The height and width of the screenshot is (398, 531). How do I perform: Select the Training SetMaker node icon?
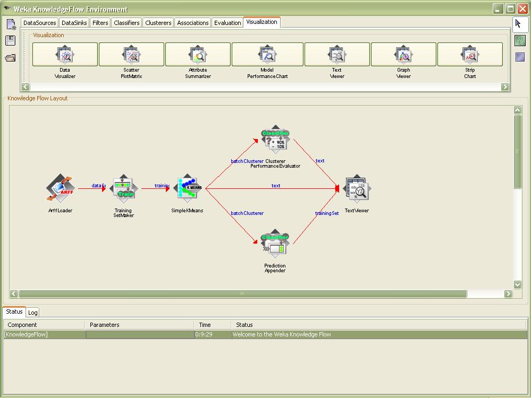tap(124, 188)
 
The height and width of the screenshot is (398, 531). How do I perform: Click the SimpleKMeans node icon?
tap(187, 188)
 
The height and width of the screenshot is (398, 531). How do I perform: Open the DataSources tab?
tap(40, 23)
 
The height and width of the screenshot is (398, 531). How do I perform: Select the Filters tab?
tap(100, 23)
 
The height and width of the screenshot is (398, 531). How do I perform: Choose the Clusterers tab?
tap(158, 23)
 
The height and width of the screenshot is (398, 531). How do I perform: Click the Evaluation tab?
tap(227, 23)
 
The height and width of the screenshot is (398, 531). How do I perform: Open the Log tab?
tap(33, 313)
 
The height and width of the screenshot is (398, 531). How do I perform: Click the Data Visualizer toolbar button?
tap(65, 55)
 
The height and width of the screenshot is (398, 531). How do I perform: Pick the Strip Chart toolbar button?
tap(470, 55)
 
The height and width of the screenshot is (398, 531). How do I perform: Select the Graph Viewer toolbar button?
tap(403, 55)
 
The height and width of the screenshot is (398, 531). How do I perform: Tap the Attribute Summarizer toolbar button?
tap(198, 55)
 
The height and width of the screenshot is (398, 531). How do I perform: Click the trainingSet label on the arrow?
tap(327, 213)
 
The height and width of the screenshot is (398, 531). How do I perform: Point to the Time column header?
tap(205, 325)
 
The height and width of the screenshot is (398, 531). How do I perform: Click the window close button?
tap(522, 8)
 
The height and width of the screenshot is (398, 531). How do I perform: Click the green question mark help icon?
tap(520, 40)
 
